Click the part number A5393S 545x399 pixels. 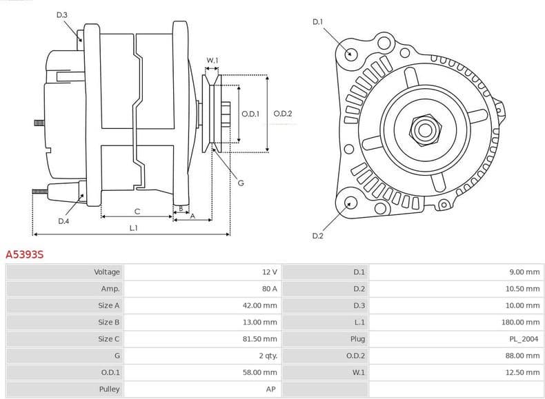25,254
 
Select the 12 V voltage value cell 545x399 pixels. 270,272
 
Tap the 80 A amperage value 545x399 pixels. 269,289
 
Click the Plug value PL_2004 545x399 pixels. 524,339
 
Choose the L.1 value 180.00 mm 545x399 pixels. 520,322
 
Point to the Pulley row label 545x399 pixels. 110,389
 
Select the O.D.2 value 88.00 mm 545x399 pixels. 522,356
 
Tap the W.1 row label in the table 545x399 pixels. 359,372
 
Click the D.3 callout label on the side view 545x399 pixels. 62,14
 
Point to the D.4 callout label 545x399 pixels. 63,221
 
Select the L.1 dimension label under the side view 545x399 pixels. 133,227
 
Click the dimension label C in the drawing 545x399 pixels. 137,211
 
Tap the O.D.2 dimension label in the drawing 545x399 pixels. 283,114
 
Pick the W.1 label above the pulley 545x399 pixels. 212,61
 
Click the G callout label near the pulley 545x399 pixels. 241,183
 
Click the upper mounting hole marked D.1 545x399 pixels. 350,54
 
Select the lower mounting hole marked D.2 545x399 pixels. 350,202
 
